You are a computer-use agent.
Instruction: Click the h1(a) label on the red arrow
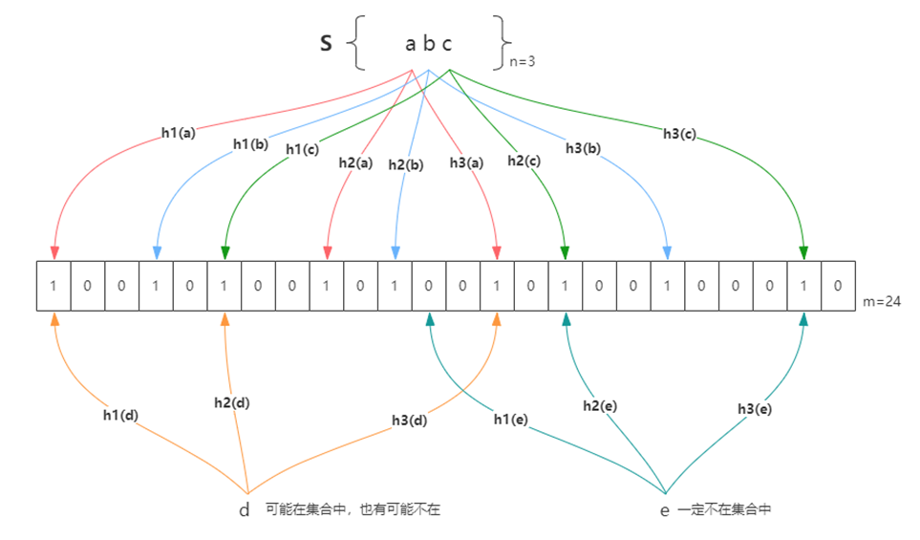178,133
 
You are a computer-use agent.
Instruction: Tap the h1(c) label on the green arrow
302,148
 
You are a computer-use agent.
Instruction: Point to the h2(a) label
355,162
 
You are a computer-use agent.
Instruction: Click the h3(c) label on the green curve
680,133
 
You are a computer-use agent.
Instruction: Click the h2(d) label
232,402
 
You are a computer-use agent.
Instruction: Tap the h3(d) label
410,420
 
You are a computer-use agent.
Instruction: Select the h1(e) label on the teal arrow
512,420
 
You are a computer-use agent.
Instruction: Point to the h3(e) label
756,408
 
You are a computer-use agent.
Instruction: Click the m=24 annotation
882,302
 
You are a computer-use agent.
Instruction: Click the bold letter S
326,44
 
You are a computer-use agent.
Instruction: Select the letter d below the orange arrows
245,510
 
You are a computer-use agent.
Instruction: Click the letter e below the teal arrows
665,510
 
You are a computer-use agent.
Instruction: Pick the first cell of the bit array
53,286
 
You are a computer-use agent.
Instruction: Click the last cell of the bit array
837,286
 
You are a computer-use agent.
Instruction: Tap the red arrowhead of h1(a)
53,252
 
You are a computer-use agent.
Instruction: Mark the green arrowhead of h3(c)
803,252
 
